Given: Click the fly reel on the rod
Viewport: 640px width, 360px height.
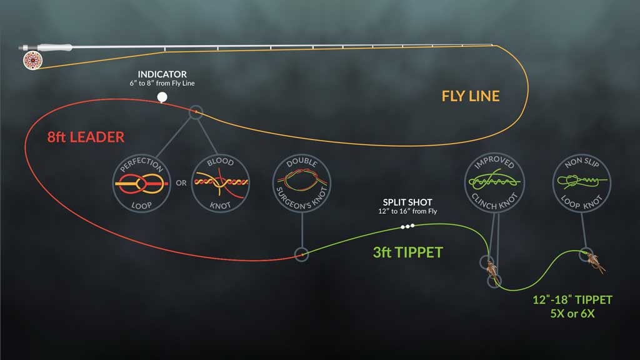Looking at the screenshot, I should [x=29, y=60].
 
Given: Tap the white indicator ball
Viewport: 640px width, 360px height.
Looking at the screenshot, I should [x=162, y=97].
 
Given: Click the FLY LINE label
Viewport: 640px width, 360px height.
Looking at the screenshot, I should [x=471, y=96].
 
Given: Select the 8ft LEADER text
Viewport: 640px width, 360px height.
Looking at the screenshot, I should [x=85, y=137].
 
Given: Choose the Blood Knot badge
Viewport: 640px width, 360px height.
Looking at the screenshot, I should [x=220, y=182].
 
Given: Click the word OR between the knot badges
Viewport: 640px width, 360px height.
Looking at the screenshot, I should [x=180, y=183].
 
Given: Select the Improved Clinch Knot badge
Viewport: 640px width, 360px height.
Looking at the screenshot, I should [x=495, y=181].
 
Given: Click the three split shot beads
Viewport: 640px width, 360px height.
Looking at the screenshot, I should [x=407, y=227].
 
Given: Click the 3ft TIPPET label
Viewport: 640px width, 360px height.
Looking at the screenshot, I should [x=407, y=252].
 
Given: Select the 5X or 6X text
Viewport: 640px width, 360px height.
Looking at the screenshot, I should [x=573, y=314].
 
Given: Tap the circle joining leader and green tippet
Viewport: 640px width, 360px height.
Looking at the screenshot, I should [x=301, y=254].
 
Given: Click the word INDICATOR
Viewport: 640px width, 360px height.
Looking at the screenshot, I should [x=162, y=74].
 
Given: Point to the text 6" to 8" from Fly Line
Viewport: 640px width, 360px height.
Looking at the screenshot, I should [x=162, y=84].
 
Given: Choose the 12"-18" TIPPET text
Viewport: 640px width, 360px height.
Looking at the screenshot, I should [x=573, y=300].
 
